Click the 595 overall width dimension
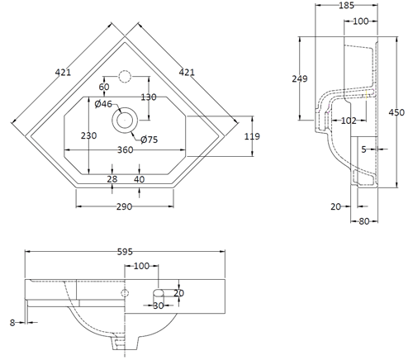click(125, 252)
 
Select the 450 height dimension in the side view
click(396, 112)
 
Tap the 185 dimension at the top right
click(346, 5)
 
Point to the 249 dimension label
click(300, 78)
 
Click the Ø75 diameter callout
click(149, 140)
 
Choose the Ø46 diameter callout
click(103, 104)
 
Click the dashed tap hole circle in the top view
click(125, 77)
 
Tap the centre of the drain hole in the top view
click(125, 121)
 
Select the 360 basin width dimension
click(126, 149)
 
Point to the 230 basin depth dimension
click(88, 135)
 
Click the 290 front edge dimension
click(124, 206)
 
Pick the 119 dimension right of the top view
click(252, 136)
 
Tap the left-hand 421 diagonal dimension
click(63, 73)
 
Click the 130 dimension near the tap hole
click(149, 97)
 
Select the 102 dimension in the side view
click(349, 121)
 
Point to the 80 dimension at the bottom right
click(364, 221)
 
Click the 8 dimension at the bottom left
click(12, 323)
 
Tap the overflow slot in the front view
click(159, 293)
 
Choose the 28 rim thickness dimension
click(112, 179)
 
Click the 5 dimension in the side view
click(364, 149)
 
